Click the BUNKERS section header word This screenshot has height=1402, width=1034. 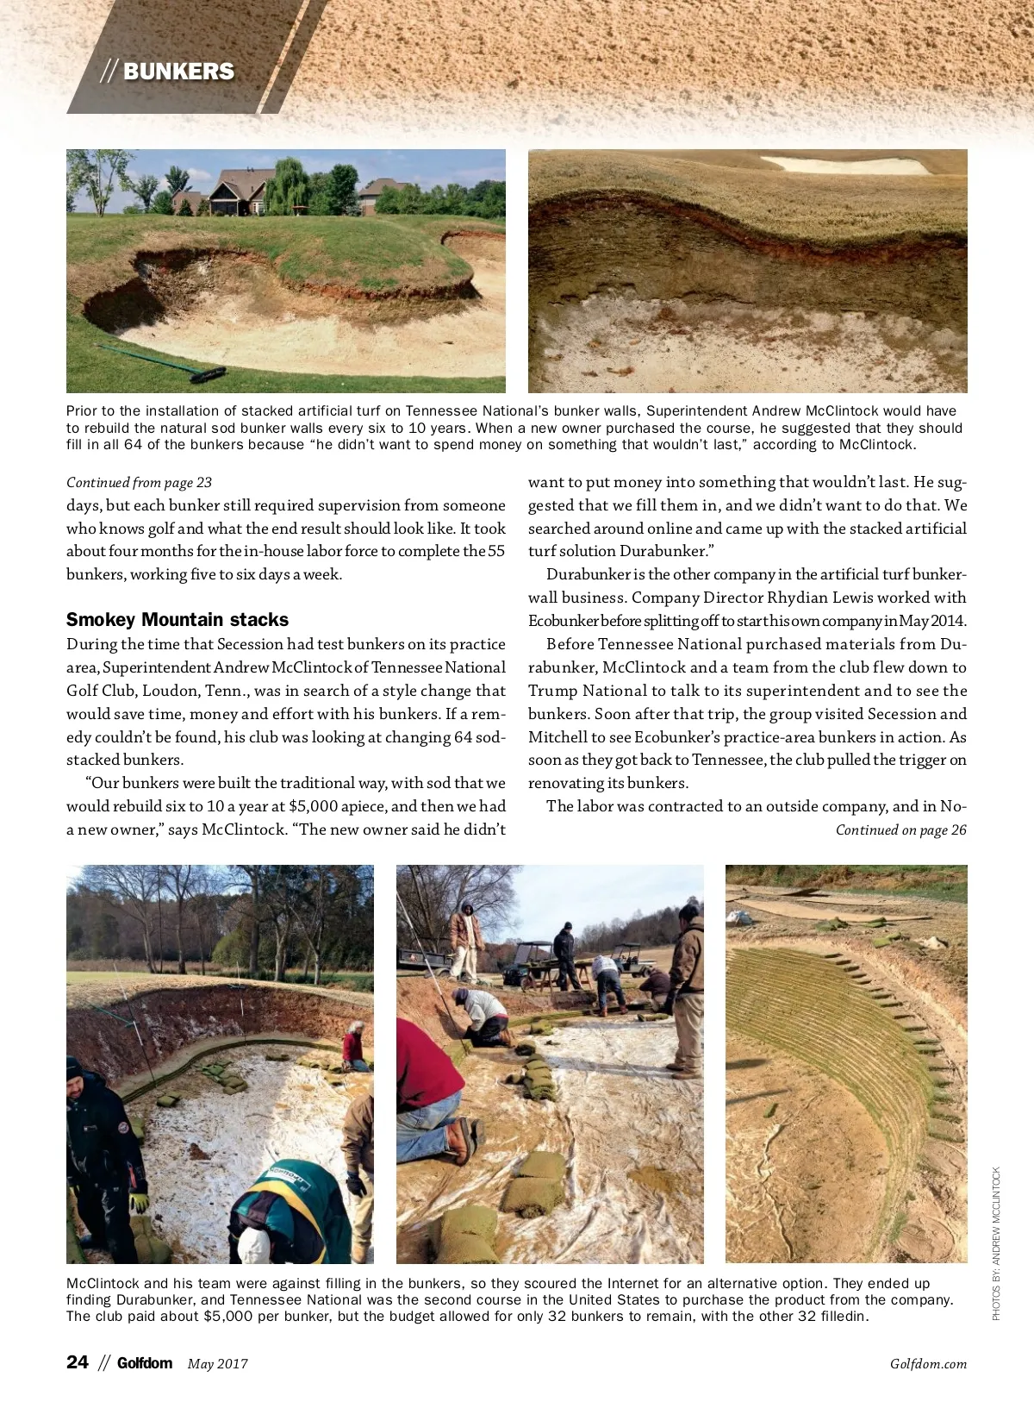178,72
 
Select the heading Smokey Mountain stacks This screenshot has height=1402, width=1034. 178,620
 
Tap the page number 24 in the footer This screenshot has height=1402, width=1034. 77,1362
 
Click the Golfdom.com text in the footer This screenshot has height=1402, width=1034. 928,1364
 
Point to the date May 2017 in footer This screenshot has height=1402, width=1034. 217,1364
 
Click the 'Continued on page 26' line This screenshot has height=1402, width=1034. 900,830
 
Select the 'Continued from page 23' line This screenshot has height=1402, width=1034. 139,483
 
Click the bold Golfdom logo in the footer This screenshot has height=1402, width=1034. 144,1363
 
